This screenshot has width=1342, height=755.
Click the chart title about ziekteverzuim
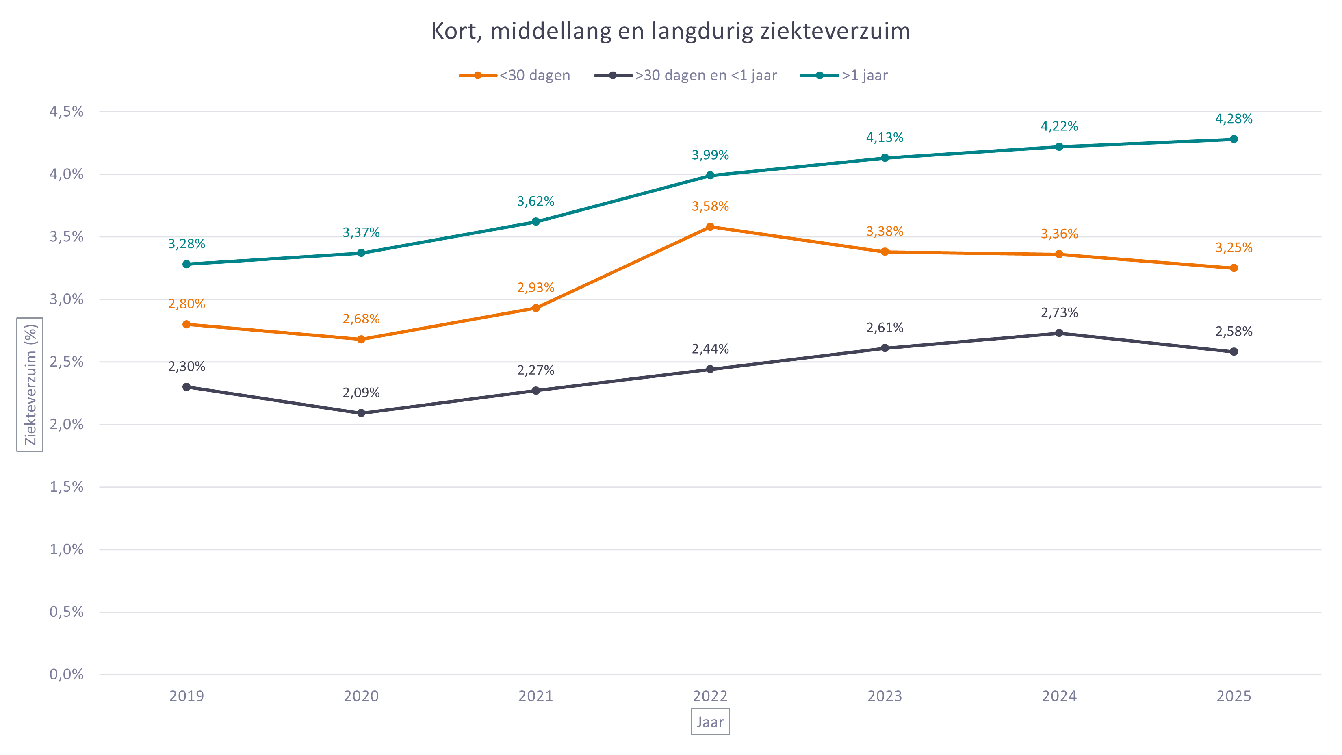(x=670, y=31)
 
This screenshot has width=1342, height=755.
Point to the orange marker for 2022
(x=710, y=227)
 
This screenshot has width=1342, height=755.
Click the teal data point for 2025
(x=1234, y=139)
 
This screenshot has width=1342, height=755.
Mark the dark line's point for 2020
(x=361, y=413)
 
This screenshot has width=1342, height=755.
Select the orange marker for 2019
(x=186, y=325)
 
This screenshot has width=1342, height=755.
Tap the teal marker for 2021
(x=535, y=221)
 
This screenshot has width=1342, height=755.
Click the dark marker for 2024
(x=1059, y=333)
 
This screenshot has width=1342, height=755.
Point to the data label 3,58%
(x=710, y=206)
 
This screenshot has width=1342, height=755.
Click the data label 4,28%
(x=1234, y=119)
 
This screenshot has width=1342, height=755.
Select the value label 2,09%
(x=361, y=393)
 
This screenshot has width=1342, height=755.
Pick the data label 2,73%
(x=1059, y=312)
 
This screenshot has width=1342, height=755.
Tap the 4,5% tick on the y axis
(x=66, y=111)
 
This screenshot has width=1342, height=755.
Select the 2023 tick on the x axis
(x=885, y=696)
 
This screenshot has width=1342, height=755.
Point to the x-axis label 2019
(x=186, y=696)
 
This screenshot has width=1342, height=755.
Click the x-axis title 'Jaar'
(x=710, y=722)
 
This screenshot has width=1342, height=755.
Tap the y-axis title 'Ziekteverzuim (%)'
(x=30, y=384)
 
